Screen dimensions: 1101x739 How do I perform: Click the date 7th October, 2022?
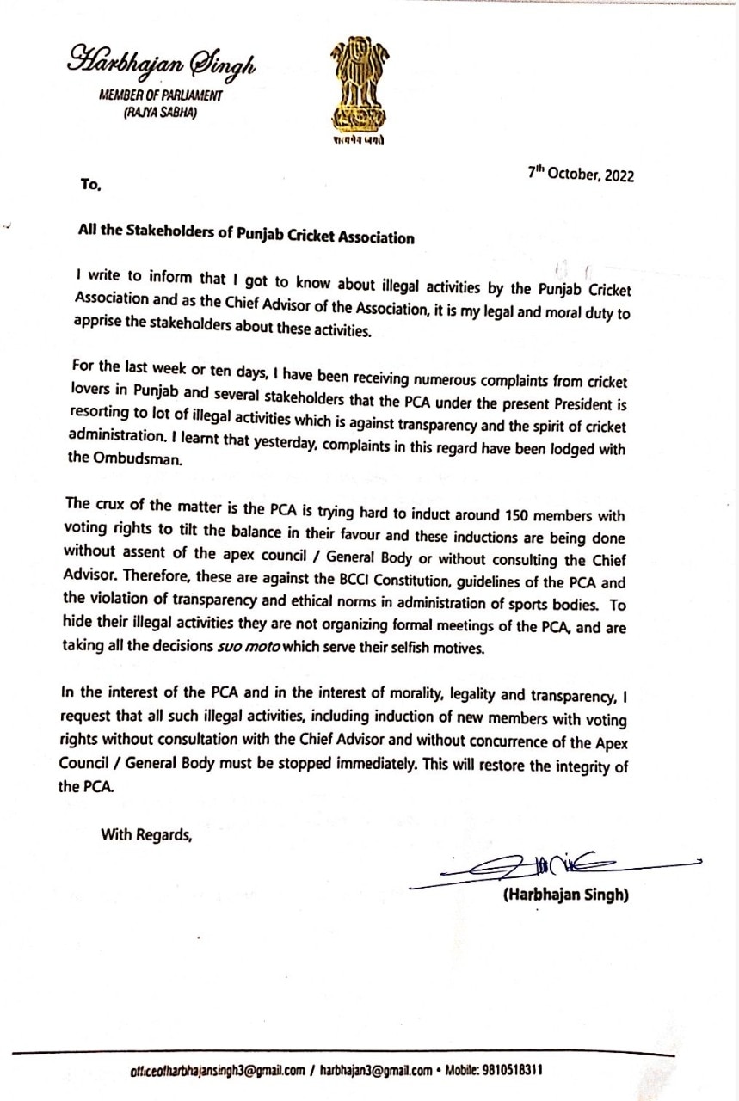coord(581,173)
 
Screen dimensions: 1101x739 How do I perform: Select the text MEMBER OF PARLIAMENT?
coord(160,95)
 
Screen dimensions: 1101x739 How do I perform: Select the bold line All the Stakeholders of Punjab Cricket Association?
coord(245,237)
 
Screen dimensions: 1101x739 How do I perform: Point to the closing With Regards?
coord(146,833)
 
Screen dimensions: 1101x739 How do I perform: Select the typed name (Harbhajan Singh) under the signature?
coord(565,895)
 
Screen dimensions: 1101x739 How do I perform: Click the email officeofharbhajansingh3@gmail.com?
coord(218,1071)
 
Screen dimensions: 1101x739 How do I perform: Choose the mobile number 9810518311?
coord(510,1071)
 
